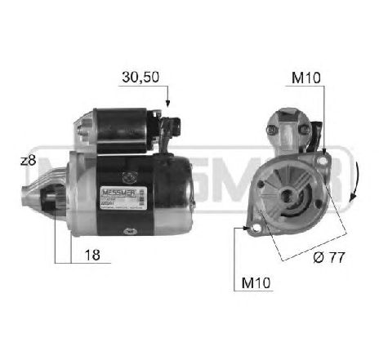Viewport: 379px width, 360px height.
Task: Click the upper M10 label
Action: click(x=306, y=79)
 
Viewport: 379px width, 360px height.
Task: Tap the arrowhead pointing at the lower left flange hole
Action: click(x=247, y=229)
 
